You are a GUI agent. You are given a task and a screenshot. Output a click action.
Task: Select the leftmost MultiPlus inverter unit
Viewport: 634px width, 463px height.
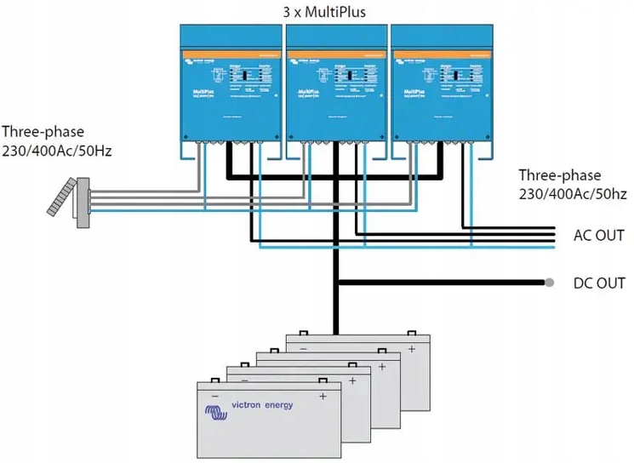click(x=230, y=85)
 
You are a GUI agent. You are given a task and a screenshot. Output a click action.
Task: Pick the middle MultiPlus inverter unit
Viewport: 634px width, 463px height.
click(x=335, y=85)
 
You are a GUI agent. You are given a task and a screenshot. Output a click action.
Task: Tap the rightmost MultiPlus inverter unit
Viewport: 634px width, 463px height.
click(x=441, y=85)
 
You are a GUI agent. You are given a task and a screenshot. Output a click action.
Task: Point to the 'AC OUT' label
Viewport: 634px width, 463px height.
click(x=600, y=236)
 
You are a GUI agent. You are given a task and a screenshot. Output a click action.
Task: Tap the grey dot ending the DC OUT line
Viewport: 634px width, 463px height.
click(x=551, y=283)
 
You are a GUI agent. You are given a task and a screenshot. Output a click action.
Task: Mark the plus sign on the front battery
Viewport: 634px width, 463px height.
click(x=323, y=397)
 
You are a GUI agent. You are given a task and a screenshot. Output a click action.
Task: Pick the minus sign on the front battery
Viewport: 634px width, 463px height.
click(x=215, y=397)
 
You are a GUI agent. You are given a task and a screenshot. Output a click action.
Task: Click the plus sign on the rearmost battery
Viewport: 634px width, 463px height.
click(x=412, y=349)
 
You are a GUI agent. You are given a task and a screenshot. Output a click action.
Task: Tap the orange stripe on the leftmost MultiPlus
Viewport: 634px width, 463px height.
click(x=230, y=53)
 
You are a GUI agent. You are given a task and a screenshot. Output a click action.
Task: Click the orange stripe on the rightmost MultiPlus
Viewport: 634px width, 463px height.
click(x=441, y=53)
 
